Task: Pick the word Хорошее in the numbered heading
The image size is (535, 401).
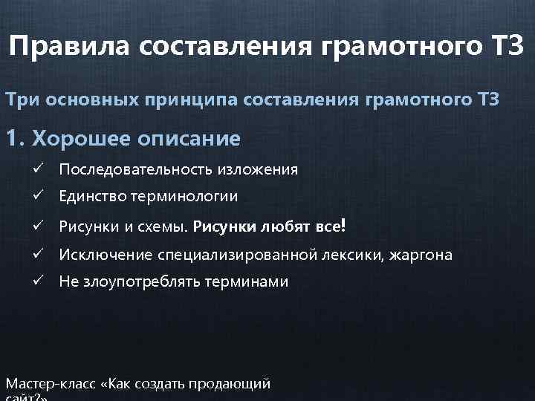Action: pos(81,138)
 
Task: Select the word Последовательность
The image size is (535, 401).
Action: pos(137,169)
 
